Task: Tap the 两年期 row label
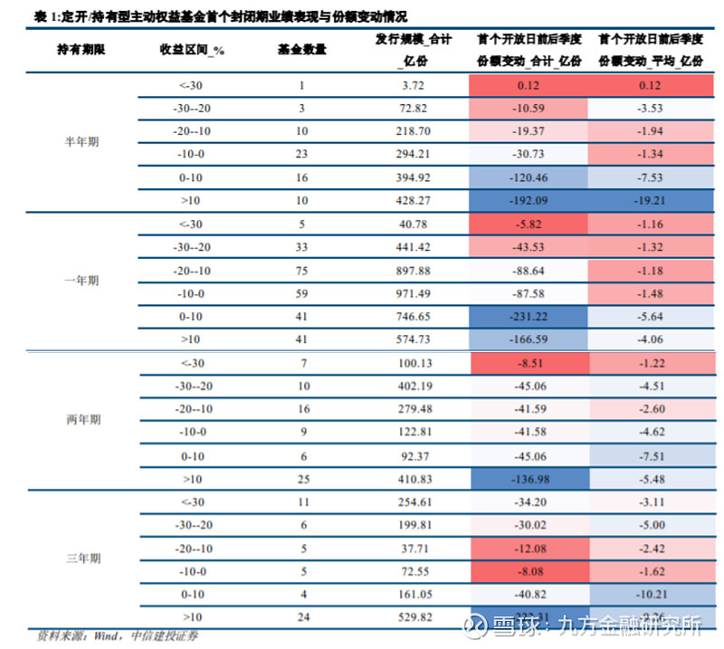[82, 420]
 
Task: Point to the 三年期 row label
[82, 559]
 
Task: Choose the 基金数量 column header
[301, 50]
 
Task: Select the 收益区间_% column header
[192, 50]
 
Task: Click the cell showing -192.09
[529, 200]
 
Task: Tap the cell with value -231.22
[529, 316]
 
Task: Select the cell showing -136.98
[529, 478]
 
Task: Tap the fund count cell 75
[301, 270]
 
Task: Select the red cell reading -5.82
[529, 224]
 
